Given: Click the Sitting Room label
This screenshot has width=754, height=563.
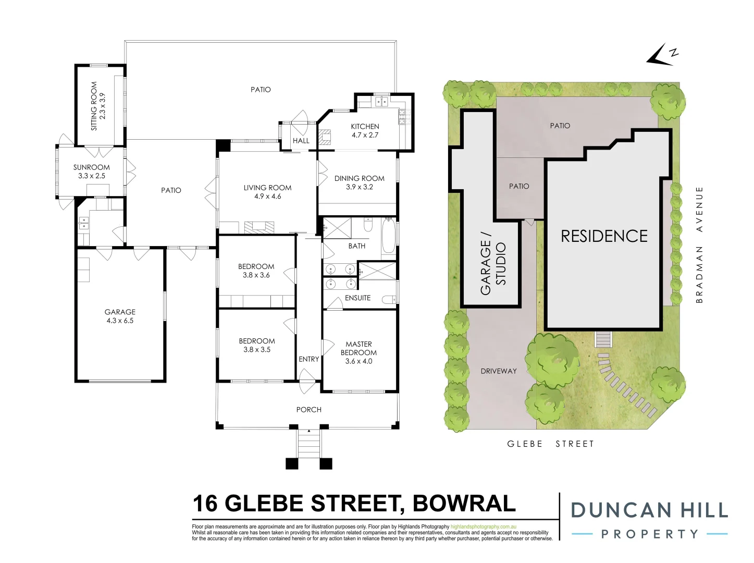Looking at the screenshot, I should tap(98, 106).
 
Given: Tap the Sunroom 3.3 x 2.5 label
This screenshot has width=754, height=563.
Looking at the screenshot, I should tap(92, 172).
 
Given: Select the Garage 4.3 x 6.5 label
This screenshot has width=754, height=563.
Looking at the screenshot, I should tap(120, 316).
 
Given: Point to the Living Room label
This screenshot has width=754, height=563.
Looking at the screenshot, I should tap(267, 192).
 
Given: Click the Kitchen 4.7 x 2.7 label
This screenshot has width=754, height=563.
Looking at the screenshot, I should tap(365, 130).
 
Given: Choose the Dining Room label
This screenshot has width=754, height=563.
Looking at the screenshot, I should tap(359, 182).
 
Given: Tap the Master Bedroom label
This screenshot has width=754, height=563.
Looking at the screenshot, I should tap(359, 352).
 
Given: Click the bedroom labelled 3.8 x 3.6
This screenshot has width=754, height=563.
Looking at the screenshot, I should tap(256, 271).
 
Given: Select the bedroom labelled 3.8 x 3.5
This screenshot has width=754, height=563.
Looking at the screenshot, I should tap(257, 345).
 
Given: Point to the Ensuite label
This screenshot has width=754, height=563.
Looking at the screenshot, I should tap(357, 298).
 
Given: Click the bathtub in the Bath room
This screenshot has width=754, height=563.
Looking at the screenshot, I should tap(388, 238).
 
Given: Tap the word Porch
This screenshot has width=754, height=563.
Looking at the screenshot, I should tap(308, 410).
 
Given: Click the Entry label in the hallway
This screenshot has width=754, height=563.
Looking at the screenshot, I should tap(308, 359).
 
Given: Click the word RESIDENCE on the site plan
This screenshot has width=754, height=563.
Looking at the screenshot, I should tap(604, 236).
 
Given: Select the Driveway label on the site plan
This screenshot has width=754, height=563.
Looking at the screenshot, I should tap(499, 371).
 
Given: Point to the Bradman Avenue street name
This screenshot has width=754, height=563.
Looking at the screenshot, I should tap(699, 244).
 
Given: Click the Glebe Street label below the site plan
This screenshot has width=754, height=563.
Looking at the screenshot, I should tap(550, 444).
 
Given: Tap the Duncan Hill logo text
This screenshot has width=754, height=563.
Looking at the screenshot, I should tap(649, 510).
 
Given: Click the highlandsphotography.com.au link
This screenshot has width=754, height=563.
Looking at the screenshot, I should tap(483, 527).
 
